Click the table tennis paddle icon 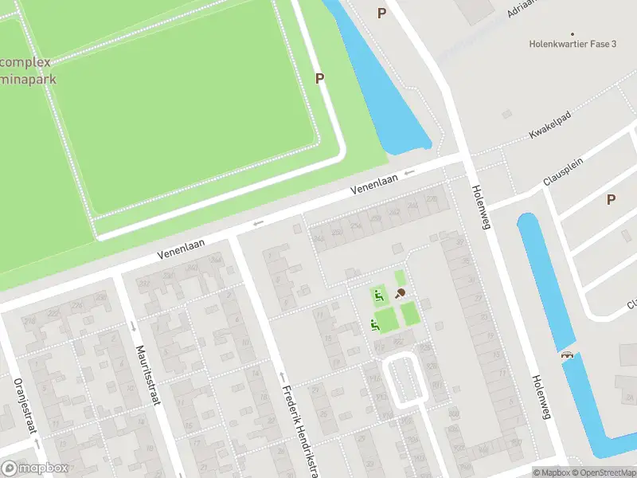(x=401, y=293)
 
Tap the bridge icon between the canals (x=567, y=355)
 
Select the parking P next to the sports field (x=320, y=78)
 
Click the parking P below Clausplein (x=611, y=199)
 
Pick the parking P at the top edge (x=381, y=13)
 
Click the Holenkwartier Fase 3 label (x=573, y=45)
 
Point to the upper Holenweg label (x=482, y=207)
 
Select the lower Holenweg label (x=541, y=396)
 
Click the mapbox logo (x=35, y=468)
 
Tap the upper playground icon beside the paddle (x=379, y=296)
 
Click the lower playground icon (x=374, y=324)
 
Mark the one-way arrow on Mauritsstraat (x=133, y=326)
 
